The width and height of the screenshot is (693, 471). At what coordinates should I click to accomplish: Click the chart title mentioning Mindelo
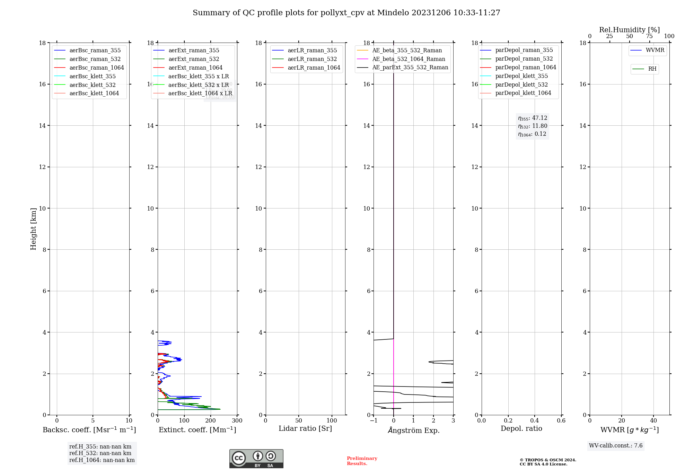346,13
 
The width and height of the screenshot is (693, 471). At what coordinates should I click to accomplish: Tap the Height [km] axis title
33,229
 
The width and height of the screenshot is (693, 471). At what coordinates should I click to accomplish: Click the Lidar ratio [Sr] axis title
305,429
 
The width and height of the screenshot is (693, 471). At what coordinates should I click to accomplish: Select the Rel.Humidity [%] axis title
629,30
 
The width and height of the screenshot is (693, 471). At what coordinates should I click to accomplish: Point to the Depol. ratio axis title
521,429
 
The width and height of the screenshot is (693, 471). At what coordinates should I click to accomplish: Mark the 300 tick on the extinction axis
237,421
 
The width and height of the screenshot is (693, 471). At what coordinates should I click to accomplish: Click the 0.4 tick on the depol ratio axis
535,421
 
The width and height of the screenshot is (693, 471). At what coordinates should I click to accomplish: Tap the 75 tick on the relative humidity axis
649,36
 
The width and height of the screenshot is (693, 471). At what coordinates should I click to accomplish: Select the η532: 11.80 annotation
533,126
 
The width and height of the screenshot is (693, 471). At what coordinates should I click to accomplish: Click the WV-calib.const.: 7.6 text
615,446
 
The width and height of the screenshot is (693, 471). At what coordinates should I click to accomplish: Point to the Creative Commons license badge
256,459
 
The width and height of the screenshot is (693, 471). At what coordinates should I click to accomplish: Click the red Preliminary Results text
362,461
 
